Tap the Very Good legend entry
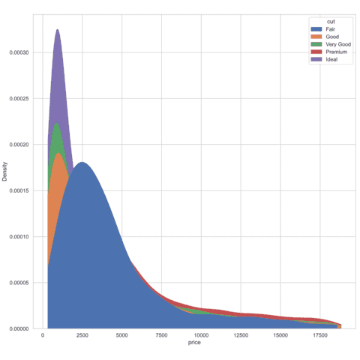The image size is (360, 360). coord(328,44)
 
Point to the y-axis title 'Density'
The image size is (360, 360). coord(6,174)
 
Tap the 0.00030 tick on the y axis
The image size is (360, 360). coord(20,52)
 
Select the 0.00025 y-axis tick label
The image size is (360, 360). coord(20,98)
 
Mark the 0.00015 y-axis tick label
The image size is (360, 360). coord(20,190)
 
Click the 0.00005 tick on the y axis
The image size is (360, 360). coord(20,283)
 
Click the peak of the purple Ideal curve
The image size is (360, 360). coord(57,30)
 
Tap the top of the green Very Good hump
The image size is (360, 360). coord(57,123)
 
